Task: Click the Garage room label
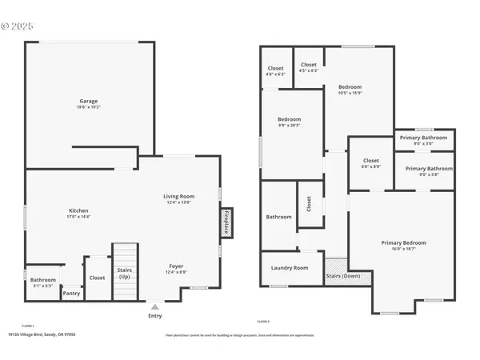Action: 88,101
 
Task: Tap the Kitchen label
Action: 78,210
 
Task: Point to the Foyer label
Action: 176,266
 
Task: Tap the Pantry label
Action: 71,294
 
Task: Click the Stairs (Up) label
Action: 124,274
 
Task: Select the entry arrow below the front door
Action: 155,306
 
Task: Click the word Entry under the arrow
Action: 155,316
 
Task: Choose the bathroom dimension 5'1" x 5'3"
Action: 43,285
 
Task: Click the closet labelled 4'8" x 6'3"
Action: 275,70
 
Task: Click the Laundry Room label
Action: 290,268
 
